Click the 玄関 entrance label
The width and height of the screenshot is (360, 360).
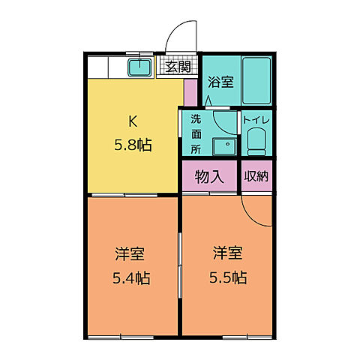(x=178, y=67)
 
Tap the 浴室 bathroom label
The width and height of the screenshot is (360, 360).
(x=220, y=81)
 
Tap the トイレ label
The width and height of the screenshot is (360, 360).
(x=256, y=118)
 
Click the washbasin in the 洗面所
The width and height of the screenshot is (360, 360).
(x=221, y=145)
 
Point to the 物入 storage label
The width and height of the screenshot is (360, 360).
(x=209, y=177)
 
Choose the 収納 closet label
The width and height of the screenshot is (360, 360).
(x=256, y=177)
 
